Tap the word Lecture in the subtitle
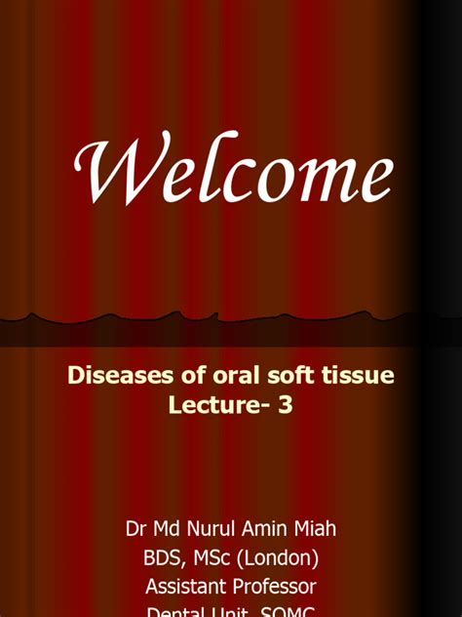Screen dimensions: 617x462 click(211, 404)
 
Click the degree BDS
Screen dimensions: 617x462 click(164, 557)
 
